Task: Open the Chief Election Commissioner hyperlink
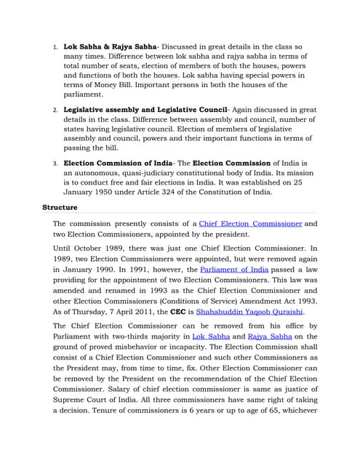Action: pos(250,224)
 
